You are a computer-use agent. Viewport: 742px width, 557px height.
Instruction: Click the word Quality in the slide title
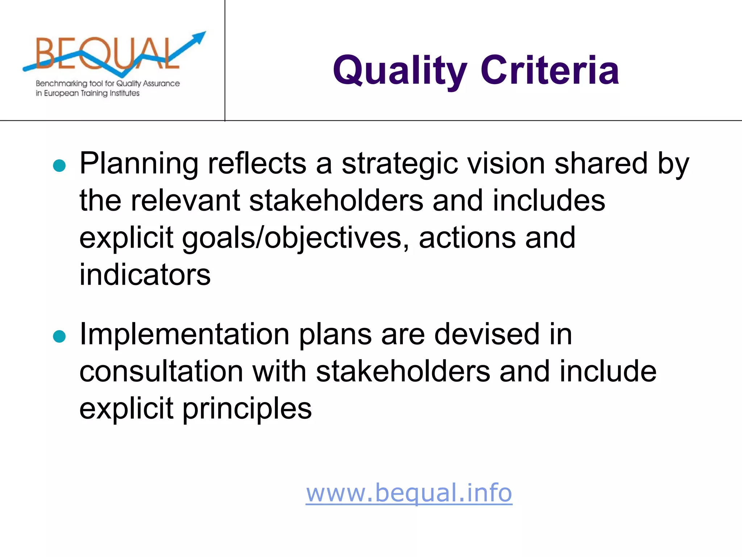400,71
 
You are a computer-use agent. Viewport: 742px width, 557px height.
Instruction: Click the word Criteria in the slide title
550,70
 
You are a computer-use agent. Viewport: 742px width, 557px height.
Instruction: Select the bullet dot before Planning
59,166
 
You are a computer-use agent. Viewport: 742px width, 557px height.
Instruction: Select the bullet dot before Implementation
59,336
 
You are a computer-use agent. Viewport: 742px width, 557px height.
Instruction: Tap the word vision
506,163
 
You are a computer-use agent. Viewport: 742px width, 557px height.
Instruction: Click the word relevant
185,200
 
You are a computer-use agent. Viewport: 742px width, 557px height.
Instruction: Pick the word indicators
145,275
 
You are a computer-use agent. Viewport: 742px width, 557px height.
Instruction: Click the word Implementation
184,334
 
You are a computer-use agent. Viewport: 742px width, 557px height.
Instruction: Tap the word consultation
161,371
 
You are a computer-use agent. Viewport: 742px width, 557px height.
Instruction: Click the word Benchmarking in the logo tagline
62,83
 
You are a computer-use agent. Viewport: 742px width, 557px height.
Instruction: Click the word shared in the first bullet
601,163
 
